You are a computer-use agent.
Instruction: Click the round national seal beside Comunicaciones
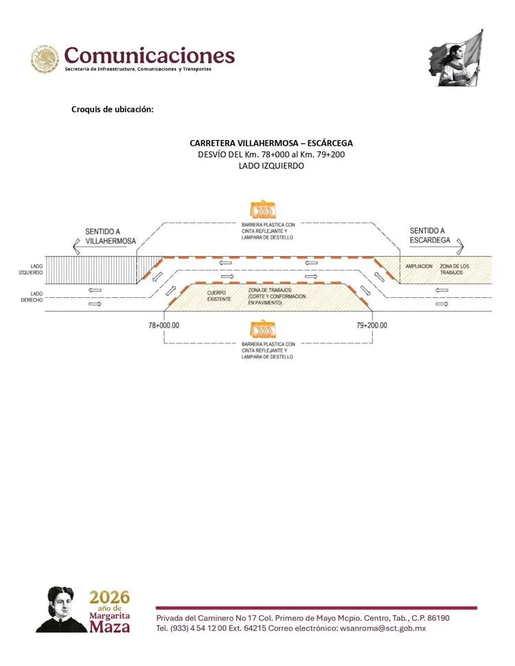point(45,58)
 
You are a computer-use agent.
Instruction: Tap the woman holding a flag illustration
point(455,58)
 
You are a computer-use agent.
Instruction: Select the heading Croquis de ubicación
point(112,109)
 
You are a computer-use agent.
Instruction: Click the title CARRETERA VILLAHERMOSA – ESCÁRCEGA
point(271,143)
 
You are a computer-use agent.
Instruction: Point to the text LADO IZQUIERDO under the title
point(271,165)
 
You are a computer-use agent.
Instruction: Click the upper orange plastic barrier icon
point(263,209)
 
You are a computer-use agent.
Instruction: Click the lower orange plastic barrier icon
point(263,329)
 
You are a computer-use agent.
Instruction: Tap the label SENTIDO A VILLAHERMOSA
point(110,236)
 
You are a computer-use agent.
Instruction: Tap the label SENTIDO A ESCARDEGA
point(430,236)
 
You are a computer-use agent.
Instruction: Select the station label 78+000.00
point(163,325)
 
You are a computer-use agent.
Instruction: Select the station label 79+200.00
point(371,325)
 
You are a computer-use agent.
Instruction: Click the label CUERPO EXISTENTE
point(219,296)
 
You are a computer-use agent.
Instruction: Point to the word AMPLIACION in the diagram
point(419,266)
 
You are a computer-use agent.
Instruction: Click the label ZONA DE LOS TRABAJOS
point(455,269)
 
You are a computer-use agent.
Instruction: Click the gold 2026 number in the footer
point(109,597)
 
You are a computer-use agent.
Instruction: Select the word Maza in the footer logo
point(109,626)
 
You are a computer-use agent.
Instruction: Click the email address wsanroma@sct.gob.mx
point(383,628)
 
